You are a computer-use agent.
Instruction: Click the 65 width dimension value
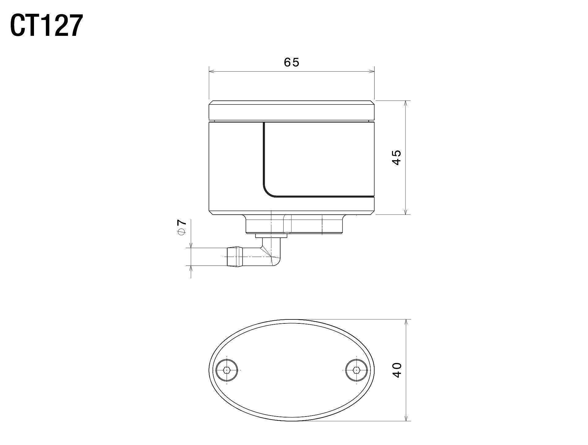291,62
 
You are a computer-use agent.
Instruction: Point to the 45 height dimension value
397,157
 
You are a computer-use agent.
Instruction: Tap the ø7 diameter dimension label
182,227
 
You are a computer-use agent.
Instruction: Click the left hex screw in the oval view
227,370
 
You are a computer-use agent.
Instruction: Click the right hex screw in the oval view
356,370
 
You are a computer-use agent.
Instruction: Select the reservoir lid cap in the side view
291,110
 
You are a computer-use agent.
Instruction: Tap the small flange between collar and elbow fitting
271,236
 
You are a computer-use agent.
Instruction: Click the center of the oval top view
292,370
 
